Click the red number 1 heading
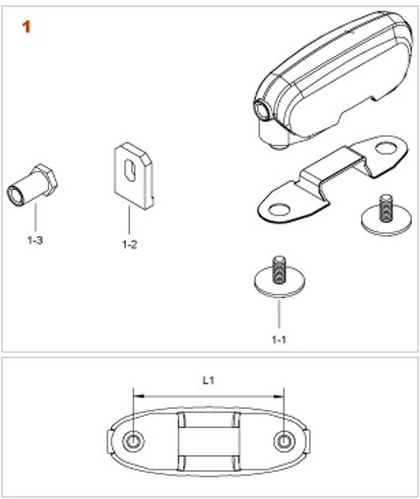[26, 26]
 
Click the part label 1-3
[34, 240]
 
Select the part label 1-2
[129, 244]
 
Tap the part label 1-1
[279, 339]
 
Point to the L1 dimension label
[208, 380]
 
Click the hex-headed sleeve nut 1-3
[32, 185]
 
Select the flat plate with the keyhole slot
[134, 176]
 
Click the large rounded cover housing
[333, 80]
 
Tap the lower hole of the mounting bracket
[279, 210]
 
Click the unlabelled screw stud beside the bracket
[386, 216]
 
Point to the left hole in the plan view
[133, 442]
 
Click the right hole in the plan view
[283, 442]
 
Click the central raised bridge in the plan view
[208, 442]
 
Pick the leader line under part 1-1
[279, 314]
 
